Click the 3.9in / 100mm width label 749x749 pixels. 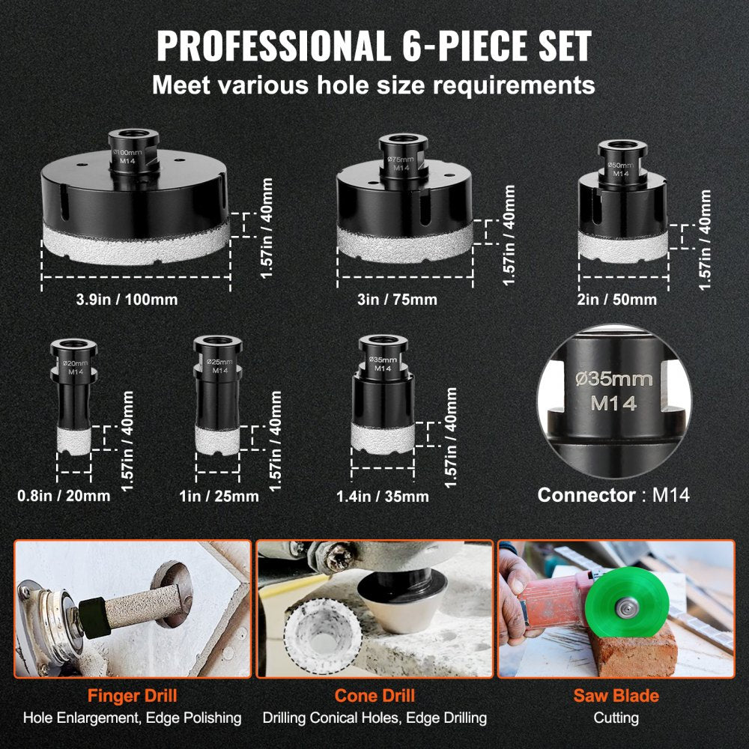127,300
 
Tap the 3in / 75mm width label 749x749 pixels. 397,300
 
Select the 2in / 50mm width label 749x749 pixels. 616,300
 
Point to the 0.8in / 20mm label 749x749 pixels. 64,496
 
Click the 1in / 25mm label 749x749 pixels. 219,496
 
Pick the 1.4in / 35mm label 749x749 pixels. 382,497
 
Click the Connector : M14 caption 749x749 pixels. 613,495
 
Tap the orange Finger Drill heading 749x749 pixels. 133,696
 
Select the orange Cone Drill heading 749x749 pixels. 374,696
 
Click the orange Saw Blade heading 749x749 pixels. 616,696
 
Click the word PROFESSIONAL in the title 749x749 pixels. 273,46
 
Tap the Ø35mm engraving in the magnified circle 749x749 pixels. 614,379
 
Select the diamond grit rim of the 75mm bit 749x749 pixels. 404,243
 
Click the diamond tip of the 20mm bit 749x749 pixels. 74,440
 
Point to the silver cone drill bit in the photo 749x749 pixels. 403,603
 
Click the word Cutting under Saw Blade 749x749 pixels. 616,718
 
